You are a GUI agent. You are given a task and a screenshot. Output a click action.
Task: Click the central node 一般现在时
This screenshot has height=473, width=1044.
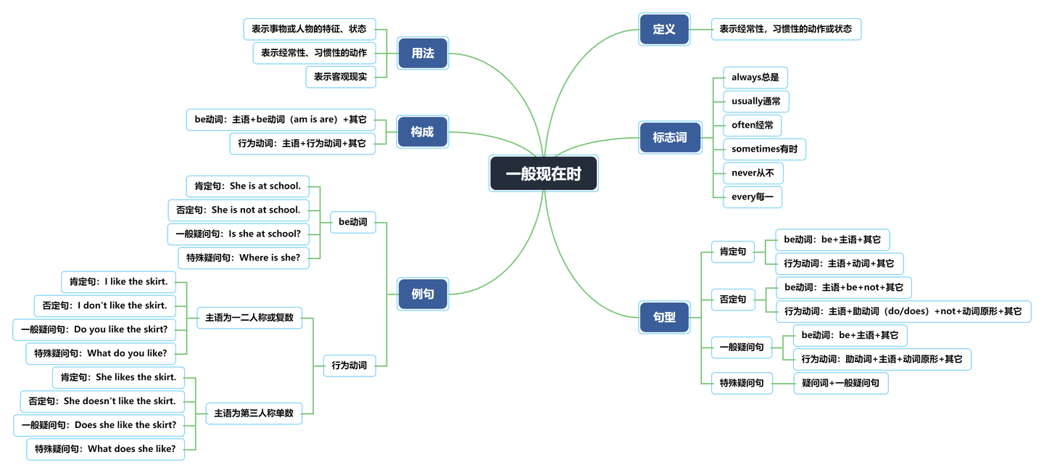tap(543, 174)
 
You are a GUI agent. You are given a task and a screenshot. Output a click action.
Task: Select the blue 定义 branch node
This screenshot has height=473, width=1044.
tap(664, 30)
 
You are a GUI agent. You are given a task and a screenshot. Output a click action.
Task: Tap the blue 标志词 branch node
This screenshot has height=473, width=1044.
tap(670, 137)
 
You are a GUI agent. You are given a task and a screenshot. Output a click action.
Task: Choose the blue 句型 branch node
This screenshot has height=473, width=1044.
tap(664, 317)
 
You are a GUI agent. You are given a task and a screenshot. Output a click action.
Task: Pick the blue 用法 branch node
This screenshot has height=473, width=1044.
tap(423, 53)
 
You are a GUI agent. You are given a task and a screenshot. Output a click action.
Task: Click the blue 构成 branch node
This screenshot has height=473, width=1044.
tap(423, 131)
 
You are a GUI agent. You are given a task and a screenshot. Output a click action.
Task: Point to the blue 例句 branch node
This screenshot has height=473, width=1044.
tap(423, 294)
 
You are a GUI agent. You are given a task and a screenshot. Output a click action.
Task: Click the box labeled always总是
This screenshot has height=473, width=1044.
tap(755, 78)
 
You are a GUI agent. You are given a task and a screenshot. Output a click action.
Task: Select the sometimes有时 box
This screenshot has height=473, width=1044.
tap(764, 149)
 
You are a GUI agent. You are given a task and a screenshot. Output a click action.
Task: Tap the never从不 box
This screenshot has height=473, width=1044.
tap(753, 173)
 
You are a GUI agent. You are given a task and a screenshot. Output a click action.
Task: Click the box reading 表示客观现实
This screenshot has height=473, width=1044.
tap(341, 77)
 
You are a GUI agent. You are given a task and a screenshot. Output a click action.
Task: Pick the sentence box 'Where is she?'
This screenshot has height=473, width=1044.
tap(243, 258)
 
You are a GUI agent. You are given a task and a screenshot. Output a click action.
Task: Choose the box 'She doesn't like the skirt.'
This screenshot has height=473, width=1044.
tap(102, 401)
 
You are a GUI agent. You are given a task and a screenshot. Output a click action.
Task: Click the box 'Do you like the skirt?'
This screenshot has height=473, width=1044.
tap(94, 329)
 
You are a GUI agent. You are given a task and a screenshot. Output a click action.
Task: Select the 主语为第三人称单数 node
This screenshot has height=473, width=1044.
tap(254, 414)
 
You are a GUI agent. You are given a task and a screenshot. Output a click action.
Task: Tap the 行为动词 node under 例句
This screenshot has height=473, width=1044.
tap(349, 366)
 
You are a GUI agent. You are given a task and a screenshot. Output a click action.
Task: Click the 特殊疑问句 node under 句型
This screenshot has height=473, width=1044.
tap(742, 383)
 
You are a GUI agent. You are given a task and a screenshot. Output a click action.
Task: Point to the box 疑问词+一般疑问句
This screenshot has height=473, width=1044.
tap(840, 383)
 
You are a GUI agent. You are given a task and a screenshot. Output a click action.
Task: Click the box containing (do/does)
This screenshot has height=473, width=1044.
tap(903, 311)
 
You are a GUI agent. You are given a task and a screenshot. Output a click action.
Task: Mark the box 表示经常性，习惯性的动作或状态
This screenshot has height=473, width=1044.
tap(786, 30)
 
